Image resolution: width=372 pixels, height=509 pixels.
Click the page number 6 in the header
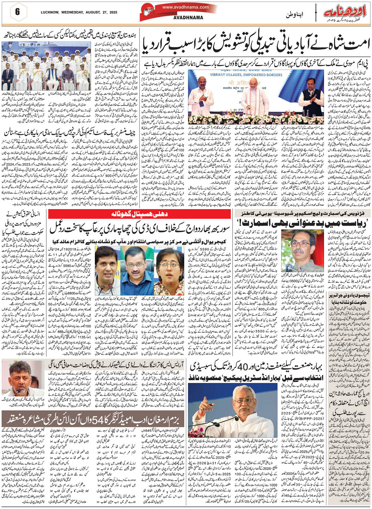click(17, 11)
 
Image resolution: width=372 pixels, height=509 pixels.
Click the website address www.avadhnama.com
click(185, 7)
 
